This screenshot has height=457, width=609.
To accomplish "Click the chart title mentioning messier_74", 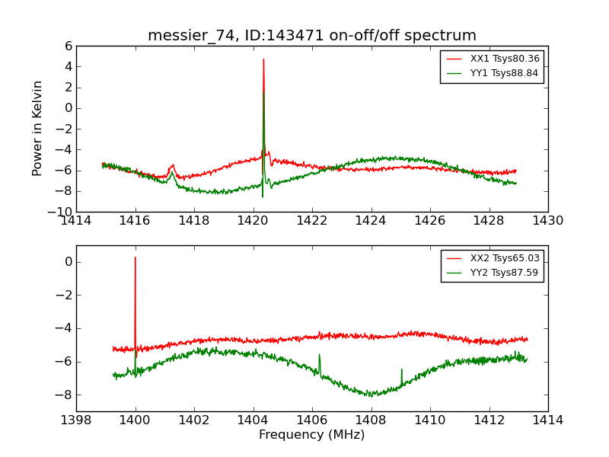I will tap(312, 36).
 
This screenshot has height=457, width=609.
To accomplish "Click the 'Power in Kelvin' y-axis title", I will tap(38, 128).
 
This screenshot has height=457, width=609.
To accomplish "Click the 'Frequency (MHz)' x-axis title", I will tap(312, 435).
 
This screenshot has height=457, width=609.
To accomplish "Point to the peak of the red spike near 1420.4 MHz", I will tap(263, 59).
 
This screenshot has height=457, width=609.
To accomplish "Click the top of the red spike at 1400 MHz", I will tap(136, 257).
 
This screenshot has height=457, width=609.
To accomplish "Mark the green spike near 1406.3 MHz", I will tap(320, 355).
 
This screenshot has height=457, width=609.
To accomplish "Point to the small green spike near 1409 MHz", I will tap(402, 370).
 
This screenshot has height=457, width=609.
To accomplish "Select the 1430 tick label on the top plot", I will tap(547, 221).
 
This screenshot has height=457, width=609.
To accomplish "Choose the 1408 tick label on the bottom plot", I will tap(371, 420).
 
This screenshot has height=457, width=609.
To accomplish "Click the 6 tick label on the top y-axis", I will tap(68, 46).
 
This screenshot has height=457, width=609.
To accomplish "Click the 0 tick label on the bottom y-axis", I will tap(68, 262).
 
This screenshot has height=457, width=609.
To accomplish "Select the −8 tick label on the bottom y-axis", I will tap(65, 395).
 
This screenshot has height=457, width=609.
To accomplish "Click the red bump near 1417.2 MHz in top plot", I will tap(173, 165).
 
